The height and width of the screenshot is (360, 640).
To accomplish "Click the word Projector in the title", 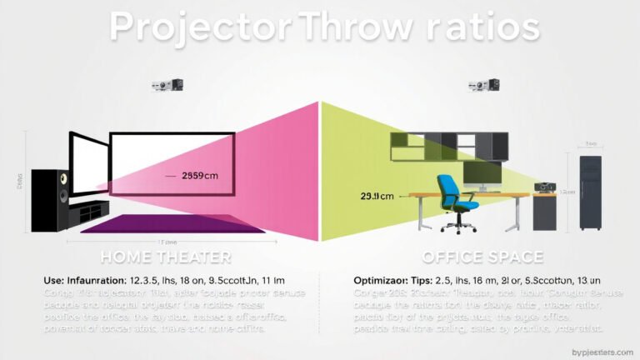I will tap(199, 27).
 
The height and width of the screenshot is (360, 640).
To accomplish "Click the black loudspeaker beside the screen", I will tap(50, 200).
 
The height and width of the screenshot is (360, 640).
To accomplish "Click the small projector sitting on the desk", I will tap(545, 187).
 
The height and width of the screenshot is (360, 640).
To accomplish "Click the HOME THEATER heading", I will tap(166, 257).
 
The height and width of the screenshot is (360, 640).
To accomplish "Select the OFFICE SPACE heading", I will tap(482, 257).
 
